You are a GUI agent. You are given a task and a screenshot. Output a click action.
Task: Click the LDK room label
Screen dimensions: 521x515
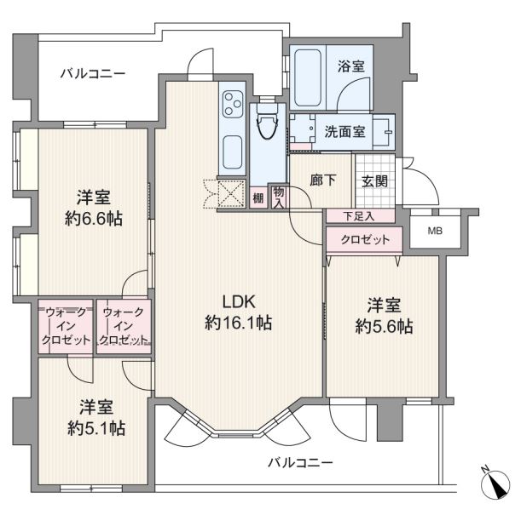(x=239, y=302)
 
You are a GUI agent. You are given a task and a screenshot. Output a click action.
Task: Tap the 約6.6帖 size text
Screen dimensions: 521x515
(x=94, y=219)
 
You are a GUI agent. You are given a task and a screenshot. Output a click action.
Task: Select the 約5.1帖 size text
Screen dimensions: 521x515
(x=96, y=428)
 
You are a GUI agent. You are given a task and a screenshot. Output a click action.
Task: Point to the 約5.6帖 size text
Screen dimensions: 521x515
(x=384, y=326)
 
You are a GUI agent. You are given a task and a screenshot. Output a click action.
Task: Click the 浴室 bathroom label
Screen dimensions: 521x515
(x=350, y=66)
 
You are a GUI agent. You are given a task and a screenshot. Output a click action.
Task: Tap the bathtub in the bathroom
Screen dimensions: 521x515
(x=308, y=78)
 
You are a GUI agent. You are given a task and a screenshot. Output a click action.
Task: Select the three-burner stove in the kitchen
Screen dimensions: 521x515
(x=232, y=104)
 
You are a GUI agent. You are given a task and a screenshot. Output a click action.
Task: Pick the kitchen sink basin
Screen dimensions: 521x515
(x=232, y=152)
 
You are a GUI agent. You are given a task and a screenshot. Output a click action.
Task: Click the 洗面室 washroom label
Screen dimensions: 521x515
(x=344, y=132)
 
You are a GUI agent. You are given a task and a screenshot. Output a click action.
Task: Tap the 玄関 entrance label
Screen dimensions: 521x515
(x=374, y=181)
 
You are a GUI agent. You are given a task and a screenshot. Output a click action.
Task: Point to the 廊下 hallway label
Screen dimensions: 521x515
(x=322, y=180)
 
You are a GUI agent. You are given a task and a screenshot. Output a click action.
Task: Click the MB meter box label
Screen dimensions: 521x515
(x=435, y=231)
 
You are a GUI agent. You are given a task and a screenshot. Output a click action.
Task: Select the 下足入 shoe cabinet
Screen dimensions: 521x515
(x=361, y=216)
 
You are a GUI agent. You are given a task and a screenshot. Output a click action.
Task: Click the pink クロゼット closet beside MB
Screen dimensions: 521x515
(x=364, y=239)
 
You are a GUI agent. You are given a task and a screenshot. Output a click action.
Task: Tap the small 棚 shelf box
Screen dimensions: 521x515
(x=258, y=198)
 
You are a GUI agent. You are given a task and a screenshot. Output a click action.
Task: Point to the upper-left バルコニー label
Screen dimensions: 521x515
(x=93, y=73)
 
